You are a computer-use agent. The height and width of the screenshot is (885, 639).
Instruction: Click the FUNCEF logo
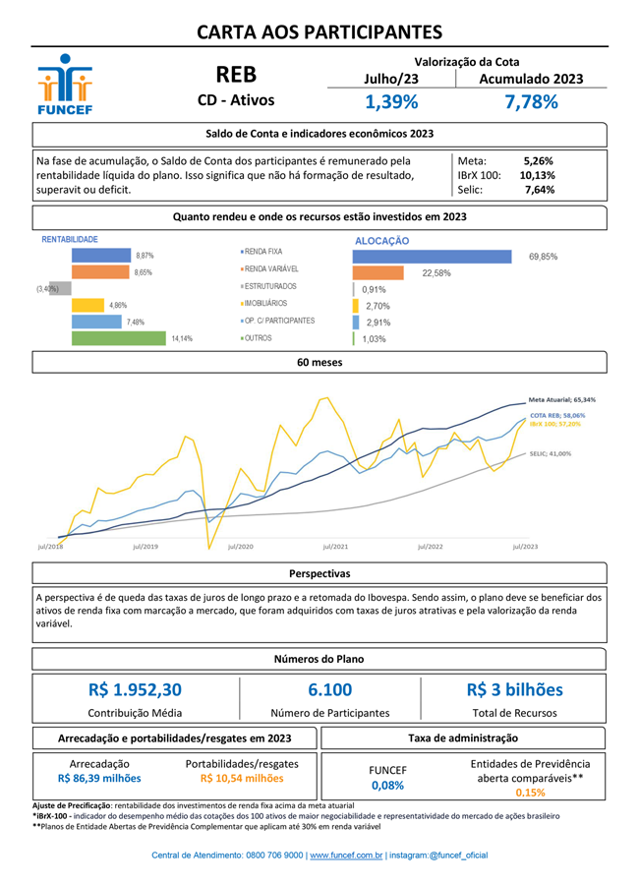[x=64, y=87]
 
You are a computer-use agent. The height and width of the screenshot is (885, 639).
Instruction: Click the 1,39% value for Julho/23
[x=391, y=102]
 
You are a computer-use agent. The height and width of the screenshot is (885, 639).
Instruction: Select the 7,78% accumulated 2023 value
[x=531, y=102]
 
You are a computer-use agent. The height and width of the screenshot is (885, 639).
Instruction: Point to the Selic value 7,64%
[x=540, y=190]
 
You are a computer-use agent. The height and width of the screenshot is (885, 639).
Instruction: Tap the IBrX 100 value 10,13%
[x=538, y=175]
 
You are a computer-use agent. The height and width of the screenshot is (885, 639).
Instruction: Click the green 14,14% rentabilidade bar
[x=118, y=337]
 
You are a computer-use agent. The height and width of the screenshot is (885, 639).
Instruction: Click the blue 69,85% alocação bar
[x=432, y=257]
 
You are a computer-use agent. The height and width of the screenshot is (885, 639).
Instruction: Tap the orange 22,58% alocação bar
[x=378, y=273]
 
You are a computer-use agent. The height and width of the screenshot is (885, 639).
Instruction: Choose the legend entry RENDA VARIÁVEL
[x=271, y=269]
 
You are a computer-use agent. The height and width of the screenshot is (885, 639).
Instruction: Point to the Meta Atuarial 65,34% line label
[x=561, y=400]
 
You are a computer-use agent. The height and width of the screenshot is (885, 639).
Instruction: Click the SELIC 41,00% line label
[x=551, y=454]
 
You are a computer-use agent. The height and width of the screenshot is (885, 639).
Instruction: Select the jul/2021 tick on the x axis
[x=335, y=546]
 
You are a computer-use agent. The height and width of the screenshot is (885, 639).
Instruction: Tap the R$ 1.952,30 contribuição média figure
[x=135, y=690]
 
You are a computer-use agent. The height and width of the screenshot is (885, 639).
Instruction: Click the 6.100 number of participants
[x=329, y=690]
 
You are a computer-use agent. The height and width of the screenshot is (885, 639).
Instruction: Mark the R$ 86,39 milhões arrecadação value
[x=99, y=778]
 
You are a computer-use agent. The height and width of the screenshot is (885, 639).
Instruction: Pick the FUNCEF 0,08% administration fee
[x=387, y=786]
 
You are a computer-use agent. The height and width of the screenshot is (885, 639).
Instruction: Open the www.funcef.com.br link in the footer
[x=346, y=856]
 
